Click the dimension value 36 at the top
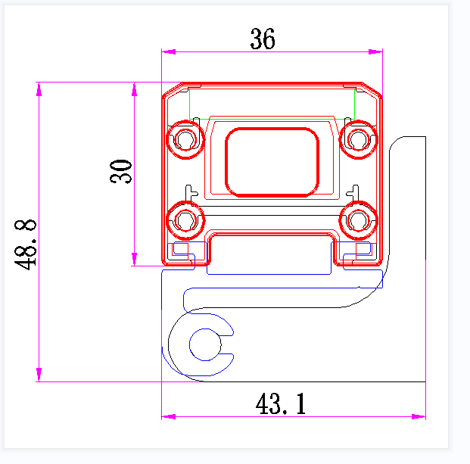coord(263,39)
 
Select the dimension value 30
coord(121,171)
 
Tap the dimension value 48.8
coord(26,244)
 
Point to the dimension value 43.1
coord(281,404)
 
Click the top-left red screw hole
coord(185,139)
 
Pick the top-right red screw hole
coord(357,139)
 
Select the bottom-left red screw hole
coord(185,220)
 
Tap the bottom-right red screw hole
coord(357,220)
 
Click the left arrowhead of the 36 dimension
coord(168,52)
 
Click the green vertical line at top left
coord(188,104)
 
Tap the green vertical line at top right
coord(354,104)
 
